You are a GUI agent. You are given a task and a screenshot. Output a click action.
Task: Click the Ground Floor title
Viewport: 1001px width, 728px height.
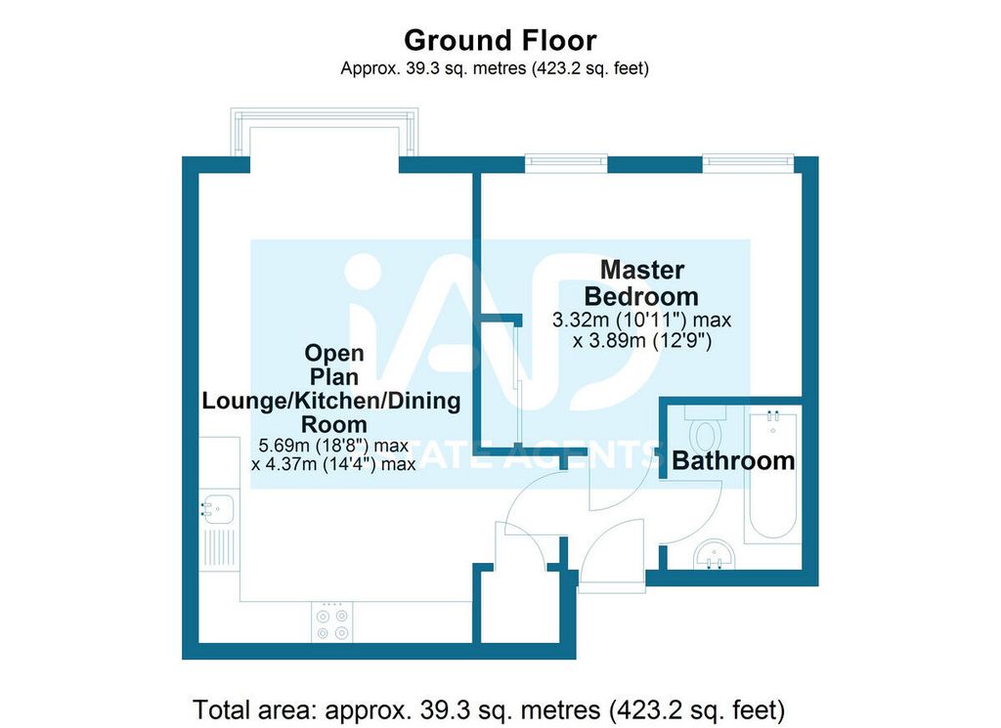(x=500, y=40)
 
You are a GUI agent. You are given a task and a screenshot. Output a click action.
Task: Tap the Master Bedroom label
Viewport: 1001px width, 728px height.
(x=641, y=282)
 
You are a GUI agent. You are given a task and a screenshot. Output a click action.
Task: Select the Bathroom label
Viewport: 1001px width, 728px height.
(x=733, y=460)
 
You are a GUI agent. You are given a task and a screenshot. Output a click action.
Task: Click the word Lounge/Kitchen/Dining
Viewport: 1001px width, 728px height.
(x=331, y=401)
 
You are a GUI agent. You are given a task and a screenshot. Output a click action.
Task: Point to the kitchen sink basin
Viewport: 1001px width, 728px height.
(x=217, y=509)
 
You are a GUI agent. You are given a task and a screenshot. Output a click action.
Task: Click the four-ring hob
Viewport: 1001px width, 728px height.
(x=332, y=622)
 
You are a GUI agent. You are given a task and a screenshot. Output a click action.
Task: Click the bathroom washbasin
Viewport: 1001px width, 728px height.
(x=715, y=554)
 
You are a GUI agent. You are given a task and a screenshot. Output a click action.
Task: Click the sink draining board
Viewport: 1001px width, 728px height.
(x=219, y=548)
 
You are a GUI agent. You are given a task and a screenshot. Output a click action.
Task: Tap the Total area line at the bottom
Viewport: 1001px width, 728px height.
(x=489, y=709)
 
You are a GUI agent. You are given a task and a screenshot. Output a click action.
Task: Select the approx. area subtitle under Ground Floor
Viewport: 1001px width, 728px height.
(x=495, y=68)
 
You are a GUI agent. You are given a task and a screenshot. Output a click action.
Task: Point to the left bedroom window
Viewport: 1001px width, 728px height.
(x=566, y=163)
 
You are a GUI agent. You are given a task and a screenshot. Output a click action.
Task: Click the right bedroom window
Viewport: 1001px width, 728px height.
(x=748, y=163)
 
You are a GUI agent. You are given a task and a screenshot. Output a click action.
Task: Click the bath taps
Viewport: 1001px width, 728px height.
(x=773, y=416)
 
